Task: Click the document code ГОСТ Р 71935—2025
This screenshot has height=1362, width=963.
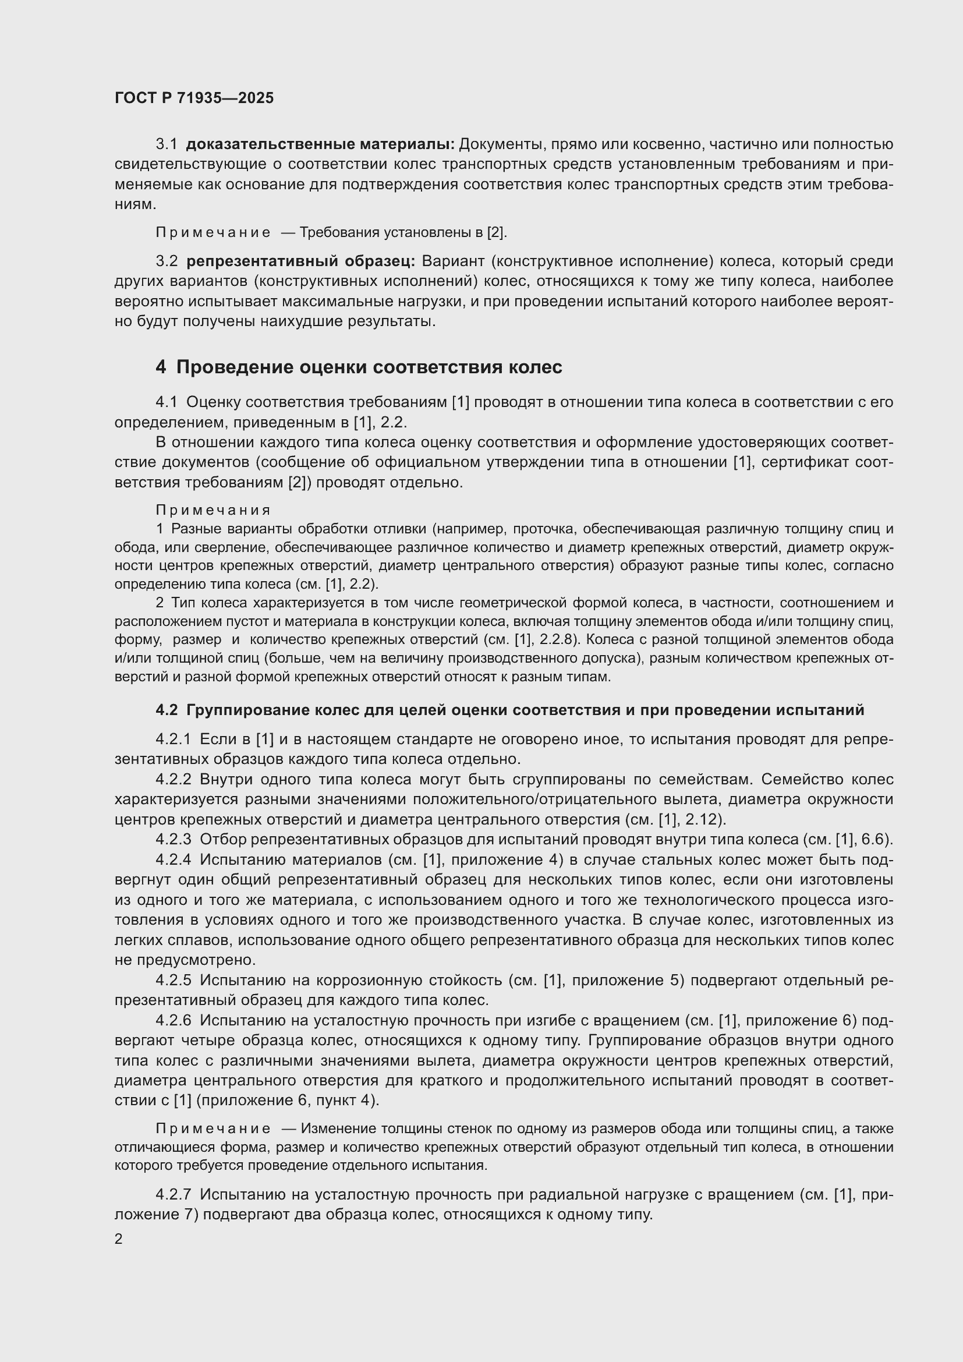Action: [x=194, y=98]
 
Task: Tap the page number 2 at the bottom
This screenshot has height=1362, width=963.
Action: [x=119, y=1239]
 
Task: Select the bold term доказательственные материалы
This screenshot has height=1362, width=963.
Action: [x=320, y=144]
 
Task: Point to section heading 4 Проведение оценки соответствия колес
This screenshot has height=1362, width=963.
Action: [x=359, y=367]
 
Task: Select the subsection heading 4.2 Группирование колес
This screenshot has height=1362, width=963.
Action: [x=510, y=710]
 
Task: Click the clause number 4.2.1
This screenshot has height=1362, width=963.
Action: [x=173, y=739]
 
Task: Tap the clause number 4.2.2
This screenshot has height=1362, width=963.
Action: [x=173, y=779]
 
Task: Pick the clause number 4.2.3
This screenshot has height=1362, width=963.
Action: [x=173, y=840]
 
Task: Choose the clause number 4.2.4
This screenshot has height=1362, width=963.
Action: [x=173, y=859]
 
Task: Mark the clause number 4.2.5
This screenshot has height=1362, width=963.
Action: [x=173, y=980]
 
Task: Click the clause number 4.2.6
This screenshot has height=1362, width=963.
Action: [x=173, y=1020]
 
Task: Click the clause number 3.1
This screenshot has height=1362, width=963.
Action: [x=167, y=144]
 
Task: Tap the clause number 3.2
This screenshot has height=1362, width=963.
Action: [x=167, y=261]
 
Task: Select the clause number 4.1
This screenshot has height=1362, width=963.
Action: [x=167, y=402]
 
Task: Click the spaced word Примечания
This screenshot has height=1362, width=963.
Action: [x=213, y=510]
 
